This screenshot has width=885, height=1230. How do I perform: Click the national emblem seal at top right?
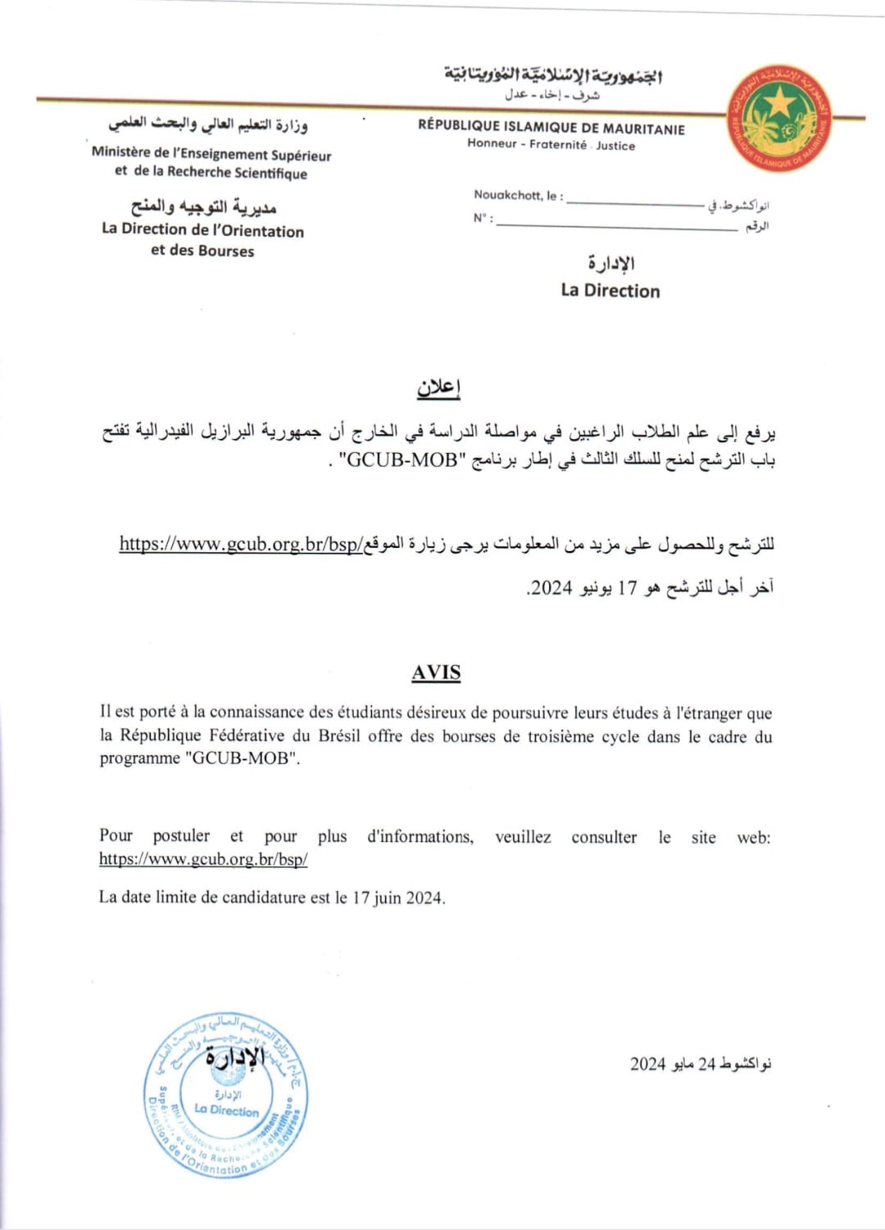pyautogui.click(x=779, y=119)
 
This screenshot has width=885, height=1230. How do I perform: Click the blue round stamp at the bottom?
pyautogui.click(x=225, y=1095)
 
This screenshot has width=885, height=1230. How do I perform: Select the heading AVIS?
pyautogui.click(x=436, y=673)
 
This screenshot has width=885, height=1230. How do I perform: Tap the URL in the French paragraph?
pyautogui.click(x=203, y=859)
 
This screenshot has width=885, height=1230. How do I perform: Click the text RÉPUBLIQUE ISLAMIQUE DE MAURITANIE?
pyautogui.click(x=551, y=127)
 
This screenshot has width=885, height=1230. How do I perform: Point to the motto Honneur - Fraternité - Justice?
pyautogui.click(x=551, y=145)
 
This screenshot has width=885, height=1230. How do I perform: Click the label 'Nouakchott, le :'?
pyautogui.click(x=518, y=196)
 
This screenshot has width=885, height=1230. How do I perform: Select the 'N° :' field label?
pyautogui.click(x=483, y=218)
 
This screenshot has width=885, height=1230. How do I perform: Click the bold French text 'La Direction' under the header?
pyautogui.click(x=610, y=291)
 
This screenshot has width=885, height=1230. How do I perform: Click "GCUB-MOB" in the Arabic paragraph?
pyautogui.click(x=401, y=459)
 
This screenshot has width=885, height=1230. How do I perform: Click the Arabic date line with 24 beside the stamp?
pyautogui.click(x=701, y=1064)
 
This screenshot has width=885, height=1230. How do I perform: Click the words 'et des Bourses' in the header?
pyautogui.click(x=202, y=251)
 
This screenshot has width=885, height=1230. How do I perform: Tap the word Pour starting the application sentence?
pyautogui.click(x=116, y=836)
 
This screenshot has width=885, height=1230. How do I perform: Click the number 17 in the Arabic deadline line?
pyautogui.click(x=627, y=587)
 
